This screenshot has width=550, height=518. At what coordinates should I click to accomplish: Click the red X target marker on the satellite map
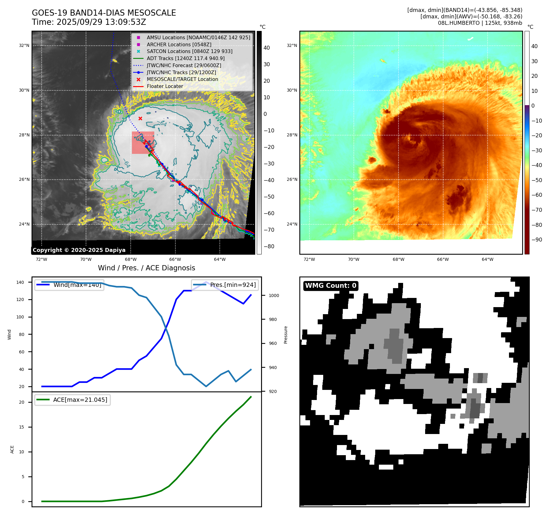[x=140, y=118]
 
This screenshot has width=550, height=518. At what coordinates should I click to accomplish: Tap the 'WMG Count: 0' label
[x=331, y=286]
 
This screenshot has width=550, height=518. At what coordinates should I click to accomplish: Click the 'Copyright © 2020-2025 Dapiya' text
[x=79, y=250]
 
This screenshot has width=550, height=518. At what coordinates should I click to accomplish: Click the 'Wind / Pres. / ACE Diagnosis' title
[x=146, y=268]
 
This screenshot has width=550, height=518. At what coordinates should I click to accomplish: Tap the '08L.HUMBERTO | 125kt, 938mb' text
[x=480, y=23]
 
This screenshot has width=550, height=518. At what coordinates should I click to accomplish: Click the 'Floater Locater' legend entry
[x=165, y=86]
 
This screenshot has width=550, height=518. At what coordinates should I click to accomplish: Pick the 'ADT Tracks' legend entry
[x=185, y=59]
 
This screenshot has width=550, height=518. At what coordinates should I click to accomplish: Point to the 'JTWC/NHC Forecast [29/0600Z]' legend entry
[x=184, y=66]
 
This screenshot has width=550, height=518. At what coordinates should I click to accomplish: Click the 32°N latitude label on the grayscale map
[x=24, y=46]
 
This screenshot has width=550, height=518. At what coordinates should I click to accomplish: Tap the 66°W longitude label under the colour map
[x=443, y=259]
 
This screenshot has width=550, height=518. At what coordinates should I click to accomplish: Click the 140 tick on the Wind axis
[x=20, y=282]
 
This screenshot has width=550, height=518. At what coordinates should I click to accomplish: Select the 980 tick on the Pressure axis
[x=273, y=319]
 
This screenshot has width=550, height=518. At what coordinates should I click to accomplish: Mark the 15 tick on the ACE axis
[x=21, y=427]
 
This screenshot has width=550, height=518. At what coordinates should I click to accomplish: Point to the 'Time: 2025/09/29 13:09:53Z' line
[x=89, y=22]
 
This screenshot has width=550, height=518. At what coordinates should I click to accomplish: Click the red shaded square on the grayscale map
[x=143, y=143]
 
